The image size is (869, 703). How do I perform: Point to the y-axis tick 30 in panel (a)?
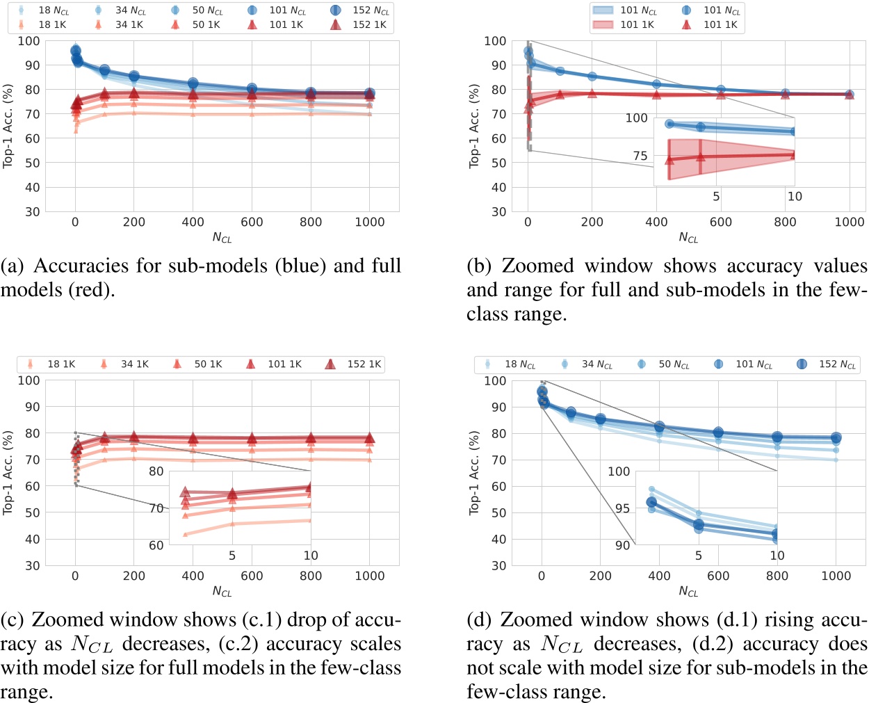[x=32, y=211]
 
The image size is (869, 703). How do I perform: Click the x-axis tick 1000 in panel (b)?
[x=849, y=222]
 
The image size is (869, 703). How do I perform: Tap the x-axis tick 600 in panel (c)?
[x=252, y=576]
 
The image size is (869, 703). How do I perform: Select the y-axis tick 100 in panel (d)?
[x=495, y=381]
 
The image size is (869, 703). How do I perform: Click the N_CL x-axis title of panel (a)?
[x=222, y=238]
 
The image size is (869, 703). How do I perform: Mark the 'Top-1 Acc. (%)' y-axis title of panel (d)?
[x=475, y=473]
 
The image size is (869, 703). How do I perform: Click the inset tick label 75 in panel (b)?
[x=640, y=156]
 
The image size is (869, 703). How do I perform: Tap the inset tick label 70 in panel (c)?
[x=156, y=508]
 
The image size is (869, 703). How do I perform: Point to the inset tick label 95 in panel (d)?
[x=622, y=508]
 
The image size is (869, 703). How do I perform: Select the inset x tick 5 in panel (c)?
[x=232, y=556]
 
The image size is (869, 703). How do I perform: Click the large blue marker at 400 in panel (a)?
[x=193, y=84]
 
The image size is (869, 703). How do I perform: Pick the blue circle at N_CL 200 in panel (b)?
[x=592, y=76]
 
